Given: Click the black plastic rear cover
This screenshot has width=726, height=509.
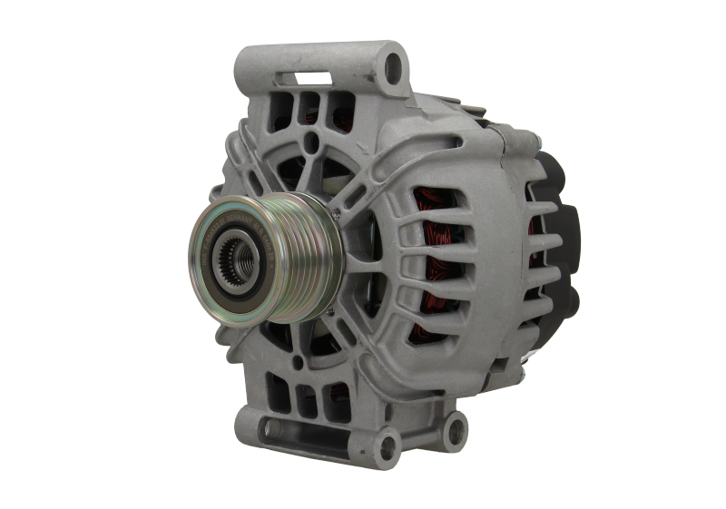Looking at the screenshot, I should pos(563,236).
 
